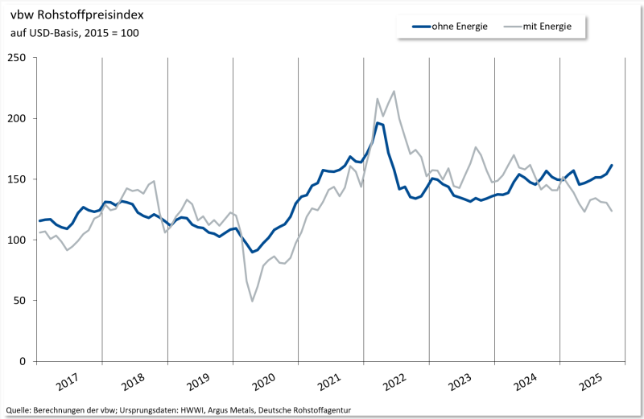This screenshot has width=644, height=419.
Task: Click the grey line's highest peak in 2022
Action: [394, 91]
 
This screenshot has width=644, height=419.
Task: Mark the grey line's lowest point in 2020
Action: [252, 301]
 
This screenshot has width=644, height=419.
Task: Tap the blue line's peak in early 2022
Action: [378, 123]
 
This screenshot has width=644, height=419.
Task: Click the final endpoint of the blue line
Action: [612, 165]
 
